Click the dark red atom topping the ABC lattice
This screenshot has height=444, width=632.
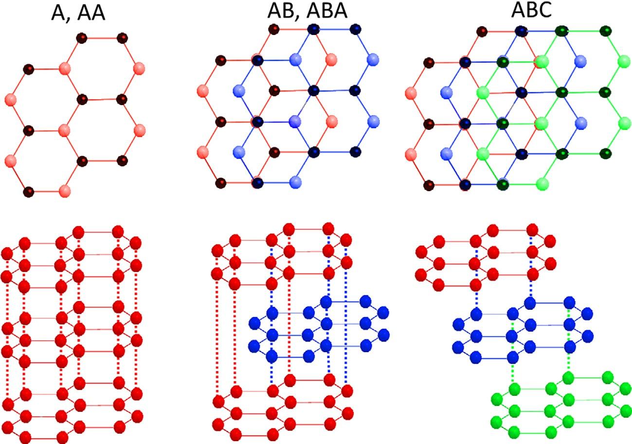[x=482, y=32]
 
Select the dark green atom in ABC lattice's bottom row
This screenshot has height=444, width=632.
[x=503, y=184]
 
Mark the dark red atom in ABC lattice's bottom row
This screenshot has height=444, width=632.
[x=429, y=185]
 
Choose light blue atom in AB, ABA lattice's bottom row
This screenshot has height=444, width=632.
[x=294, y=182]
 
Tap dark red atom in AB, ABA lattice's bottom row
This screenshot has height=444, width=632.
[x=221, y=183]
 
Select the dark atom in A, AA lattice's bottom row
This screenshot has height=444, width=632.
[x=29, y=191]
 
